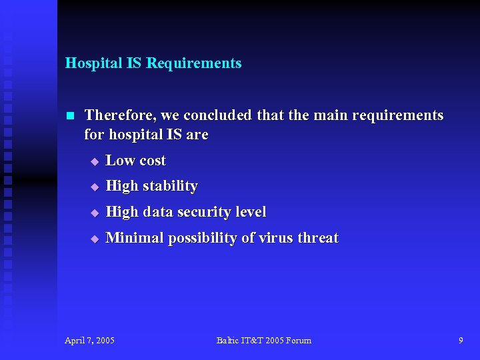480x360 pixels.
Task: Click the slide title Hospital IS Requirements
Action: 153,63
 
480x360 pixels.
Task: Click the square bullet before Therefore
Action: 70,116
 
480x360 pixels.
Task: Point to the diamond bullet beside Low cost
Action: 95,161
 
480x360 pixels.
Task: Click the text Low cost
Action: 135,161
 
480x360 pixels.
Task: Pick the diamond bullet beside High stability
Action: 95,187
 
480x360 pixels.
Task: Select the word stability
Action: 169,186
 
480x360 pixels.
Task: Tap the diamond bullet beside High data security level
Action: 95,213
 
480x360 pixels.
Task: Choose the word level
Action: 251,212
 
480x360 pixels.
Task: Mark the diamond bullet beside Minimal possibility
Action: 95,239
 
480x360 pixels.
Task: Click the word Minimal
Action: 135,238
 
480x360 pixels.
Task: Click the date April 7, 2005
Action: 89,341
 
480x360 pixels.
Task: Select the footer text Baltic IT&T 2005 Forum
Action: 263,341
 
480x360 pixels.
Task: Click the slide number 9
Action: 461,341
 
